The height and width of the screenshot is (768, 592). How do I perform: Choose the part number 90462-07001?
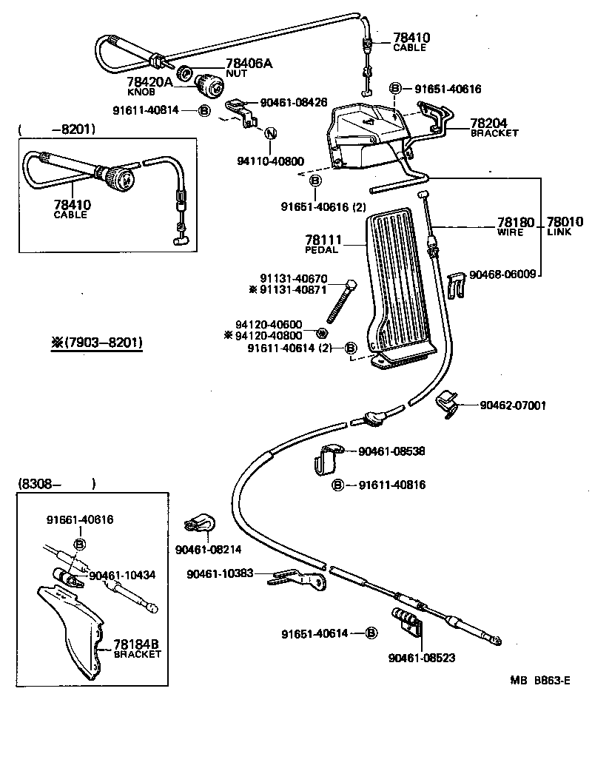513,405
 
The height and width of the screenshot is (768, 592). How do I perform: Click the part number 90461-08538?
391,451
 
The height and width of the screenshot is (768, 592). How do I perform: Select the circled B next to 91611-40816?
337,485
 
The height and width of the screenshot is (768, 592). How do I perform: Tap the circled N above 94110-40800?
270,134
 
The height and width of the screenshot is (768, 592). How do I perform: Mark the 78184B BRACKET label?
136,649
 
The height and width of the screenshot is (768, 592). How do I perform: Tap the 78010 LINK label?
565,226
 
